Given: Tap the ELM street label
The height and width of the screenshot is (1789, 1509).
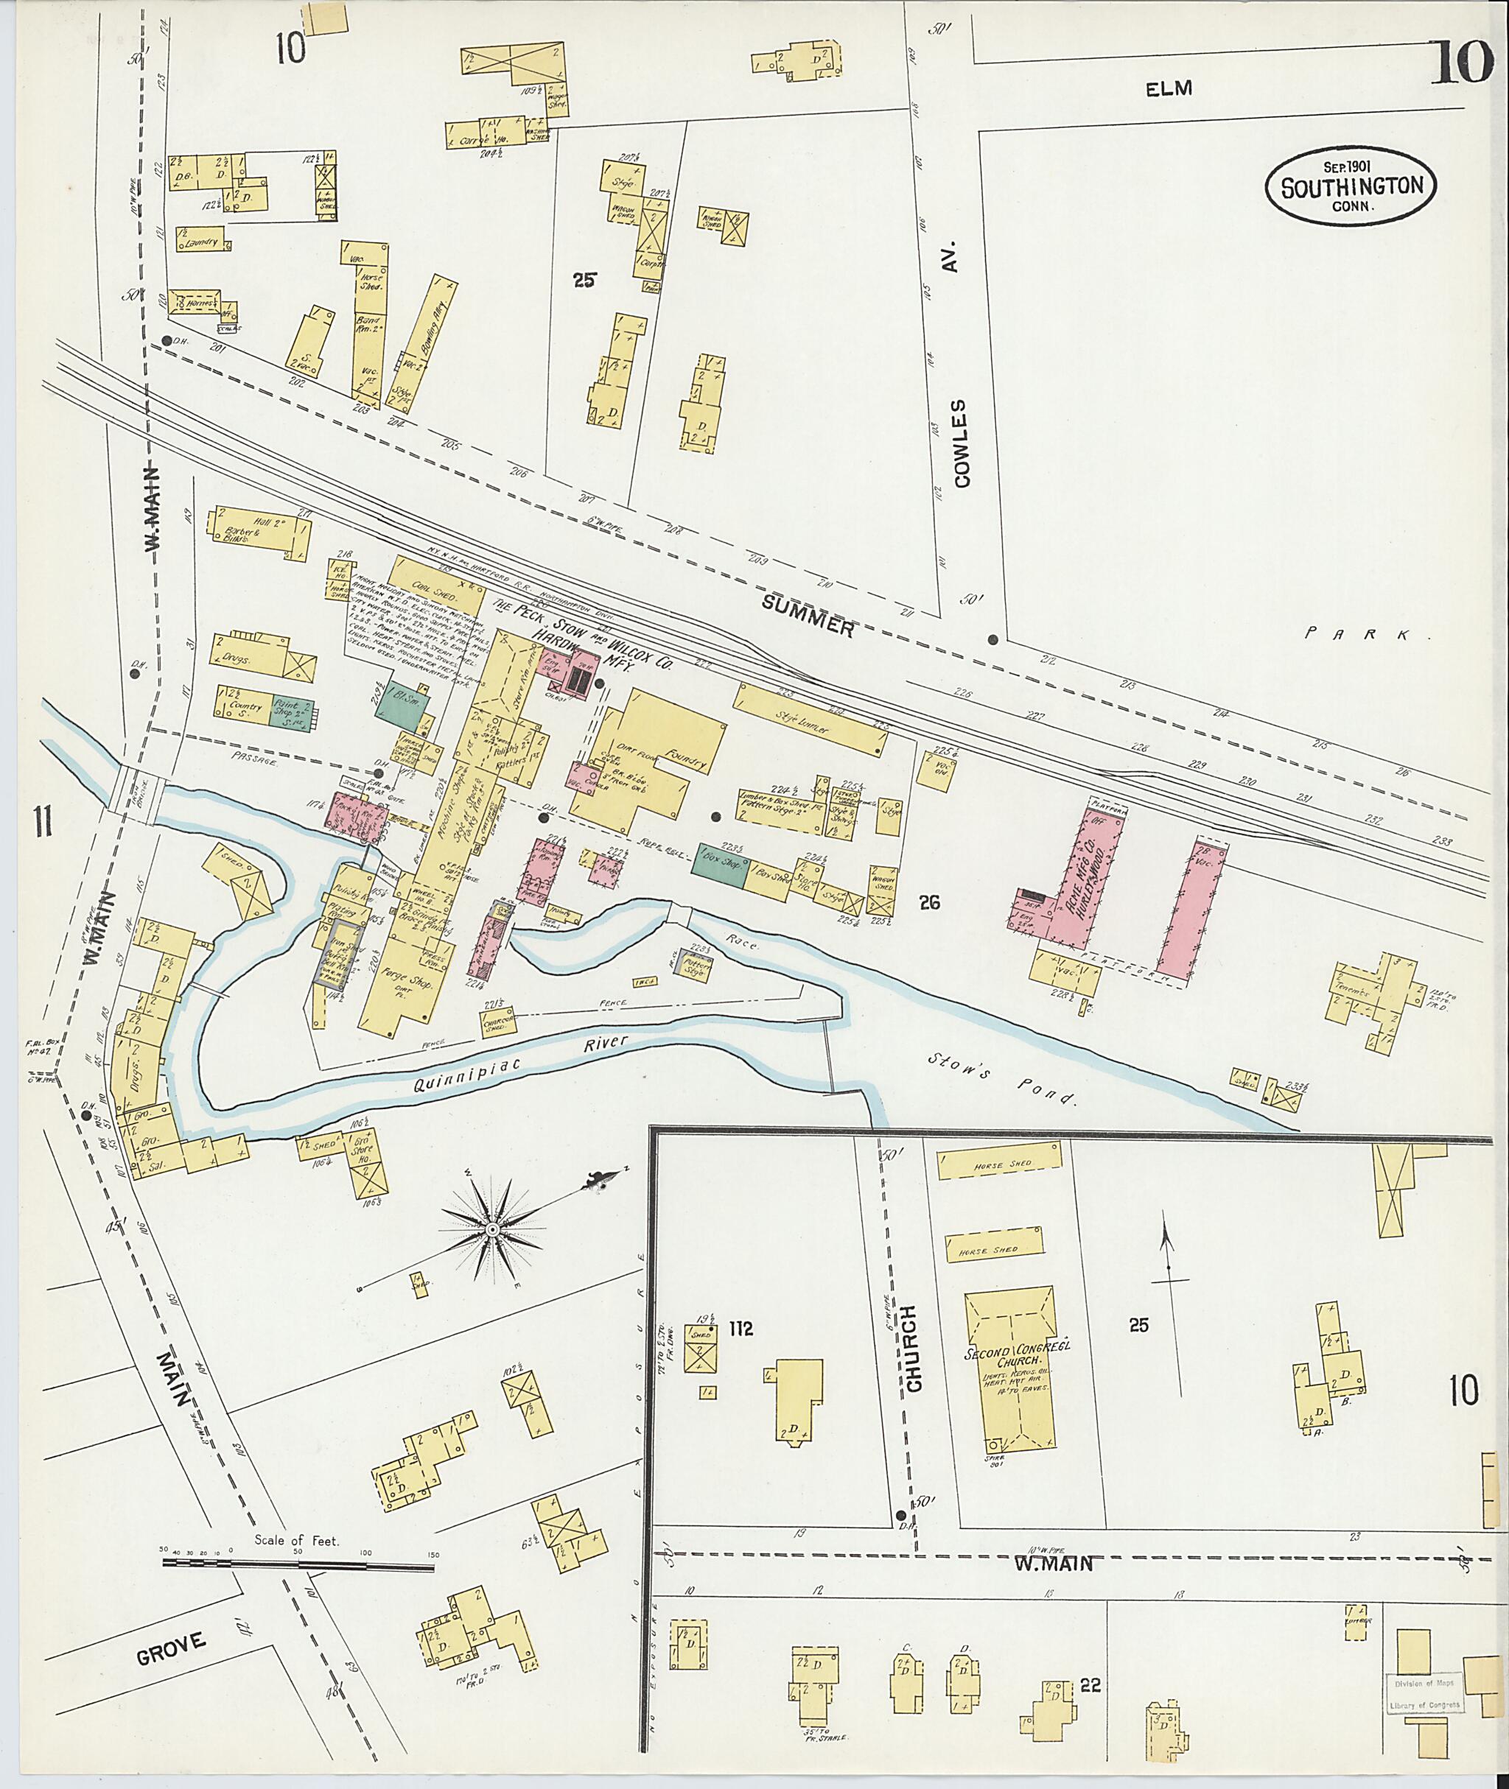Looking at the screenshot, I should coord(1169,88).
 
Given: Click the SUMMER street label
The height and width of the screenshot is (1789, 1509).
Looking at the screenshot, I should coord(808,616).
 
